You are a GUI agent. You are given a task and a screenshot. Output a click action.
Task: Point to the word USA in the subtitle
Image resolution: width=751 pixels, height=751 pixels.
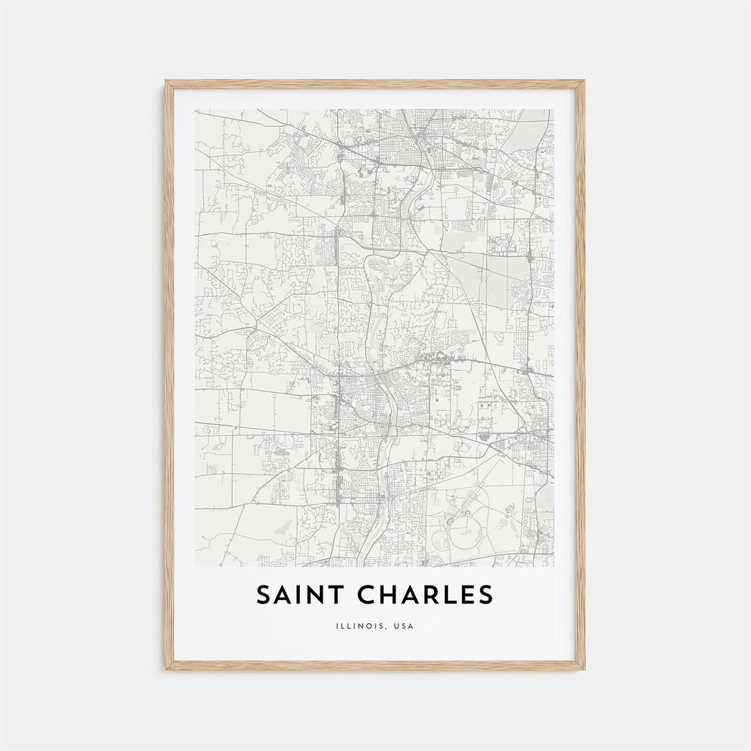[403, 626]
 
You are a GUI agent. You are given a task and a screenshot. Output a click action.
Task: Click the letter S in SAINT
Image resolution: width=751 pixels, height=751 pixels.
[264, 595]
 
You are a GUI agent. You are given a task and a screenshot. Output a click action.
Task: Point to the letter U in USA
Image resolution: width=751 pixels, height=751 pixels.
[396, 626]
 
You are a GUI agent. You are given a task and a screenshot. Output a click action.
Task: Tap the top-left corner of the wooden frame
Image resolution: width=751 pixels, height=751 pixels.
[167, 82]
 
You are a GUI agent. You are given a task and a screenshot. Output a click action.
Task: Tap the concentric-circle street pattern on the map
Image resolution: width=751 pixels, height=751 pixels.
[281, 490]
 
